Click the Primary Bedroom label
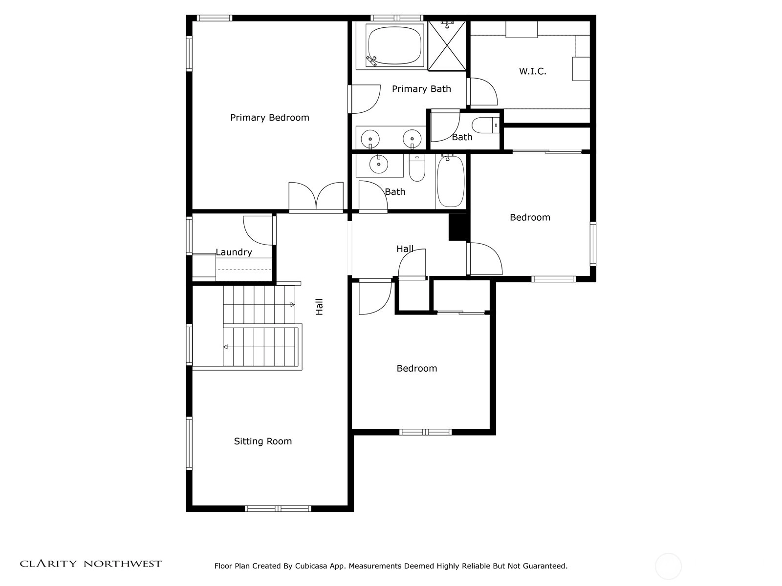point(270,118)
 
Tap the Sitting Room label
point(263,441)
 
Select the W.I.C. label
point(533,71)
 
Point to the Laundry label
point(234,252)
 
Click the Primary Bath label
point(421,89)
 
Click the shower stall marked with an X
point(447,46)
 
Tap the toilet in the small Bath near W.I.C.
point(486,125)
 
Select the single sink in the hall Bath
point(379,164)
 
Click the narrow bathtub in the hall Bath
point(451,182)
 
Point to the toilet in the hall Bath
point(417,167)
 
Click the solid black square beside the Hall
point(458,227)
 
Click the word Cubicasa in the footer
point(311,566)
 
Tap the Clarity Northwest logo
point(91,564)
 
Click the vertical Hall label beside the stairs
point(319,307)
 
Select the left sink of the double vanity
point(370,139)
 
